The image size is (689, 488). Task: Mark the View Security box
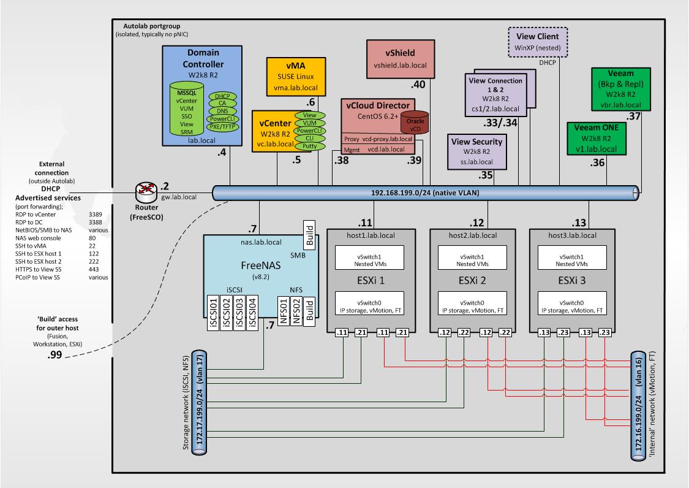tap(477, 151)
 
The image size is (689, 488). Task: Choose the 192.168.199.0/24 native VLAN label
tap(424, 193)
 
